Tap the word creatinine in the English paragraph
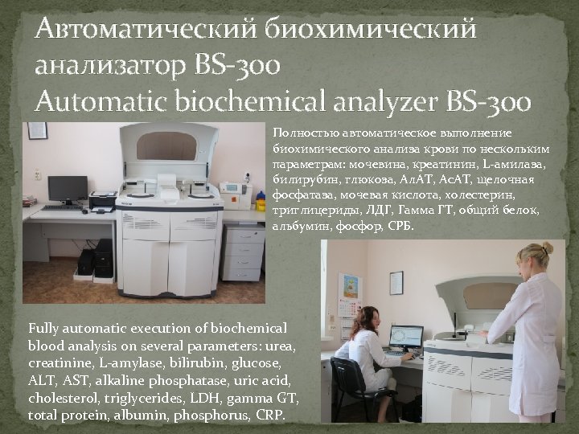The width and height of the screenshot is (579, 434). (60, 361)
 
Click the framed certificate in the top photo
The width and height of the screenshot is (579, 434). (37, 131)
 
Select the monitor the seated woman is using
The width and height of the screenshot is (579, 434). (405, 336)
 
